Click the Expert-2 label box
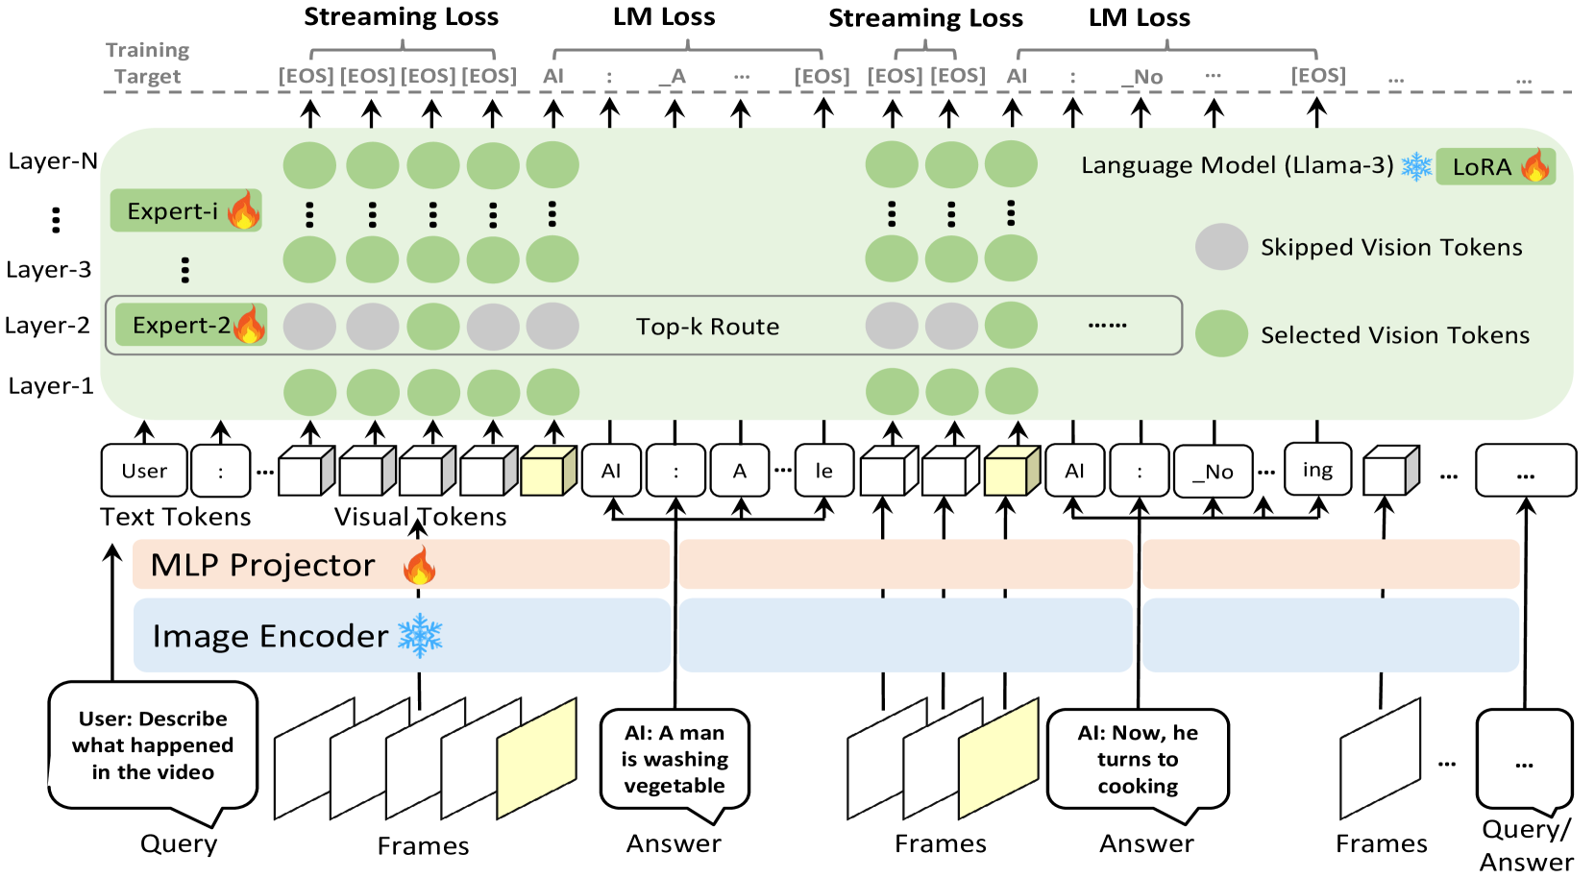(x=190, y=325)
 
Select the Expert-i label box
(x=185, y=210)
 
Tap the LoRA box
(x=1494, y=166)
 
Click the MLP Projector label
(x=262, y=565)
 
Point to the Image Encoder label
(x=270, y=636)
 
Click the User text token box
(x=144, y=471)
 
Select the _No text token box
(x=1214, y=472)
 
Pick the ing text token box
(x=1317, y=469)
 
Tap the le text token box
(x=823, y=471)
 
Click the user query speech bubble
(x=153, y=745)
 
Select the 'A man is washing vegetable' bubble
(x=675, y=759)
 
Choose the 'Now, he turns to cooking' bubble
(x=1138, y=759)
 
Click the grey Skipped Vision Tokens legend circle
(x=1221, y=247)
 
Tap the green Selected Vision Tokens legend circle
(x=1221, y=334)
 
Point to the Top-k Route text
(x=707, y=327)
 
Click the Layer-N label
(x=52, y=160)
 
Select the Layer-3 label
(x=48, y=269)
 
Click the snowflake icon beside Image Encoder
(x=420, y=636)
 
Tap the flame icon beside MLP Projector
(x=419, y=566)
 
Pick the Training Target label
(x=147, y=62)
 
